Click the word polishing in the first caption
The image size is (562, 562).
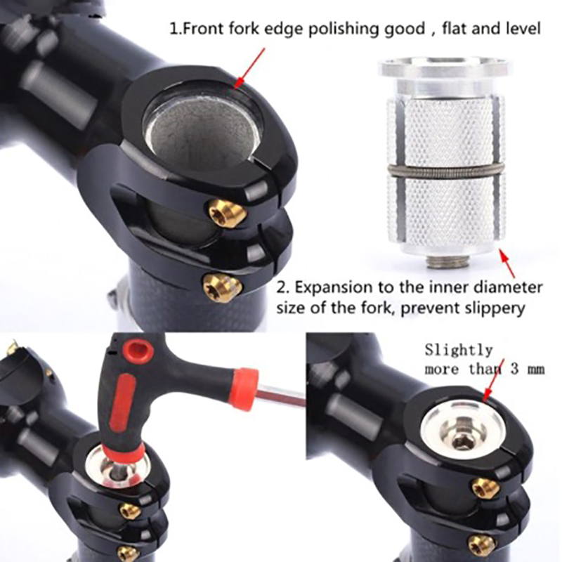(344, 29)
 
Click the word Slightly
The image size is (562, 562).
(459, 350)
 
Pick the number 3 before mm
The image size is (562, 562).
(515, 370)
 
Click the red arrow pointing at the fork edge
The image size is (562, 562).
(249, 68)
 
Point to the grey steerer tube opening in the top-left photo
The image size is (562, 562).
(202, 133)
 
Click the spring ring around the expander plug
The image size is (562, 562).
(445, 171)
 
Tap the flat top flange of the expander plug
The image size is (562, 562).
(445, 69)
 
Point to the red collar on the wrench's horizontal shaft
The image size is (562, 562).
(244, 387)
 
